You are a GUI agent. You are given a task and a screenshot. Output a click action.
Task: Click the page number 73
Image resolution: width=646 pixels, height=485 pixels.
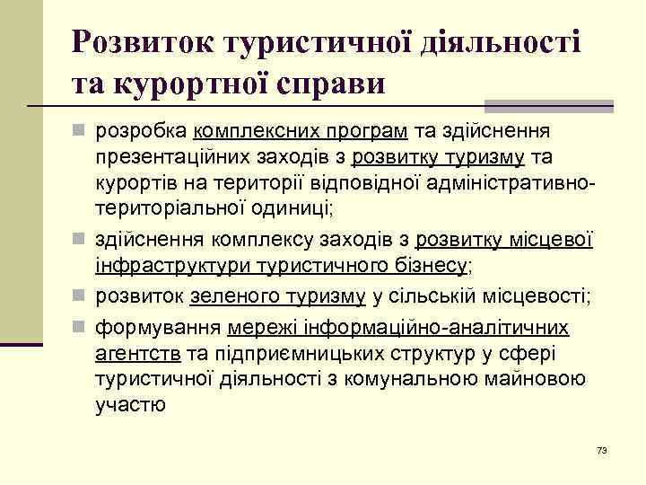coord(601,448)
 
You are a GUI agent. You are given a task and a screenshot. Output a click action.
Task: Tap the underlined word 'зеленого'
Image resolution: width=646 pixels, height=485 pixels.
coord(232,296)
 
